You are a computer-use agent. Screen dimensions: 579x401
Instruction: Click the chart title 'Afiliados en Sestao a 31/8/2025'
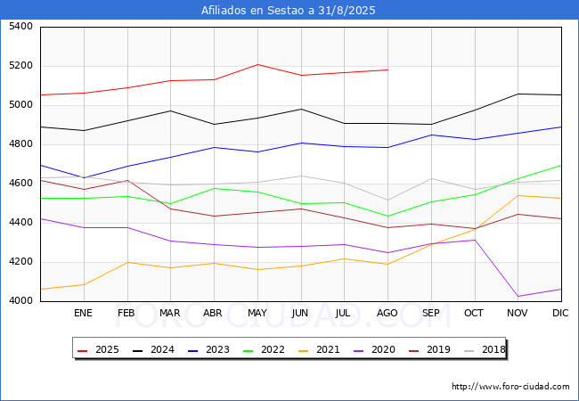pos(288,11)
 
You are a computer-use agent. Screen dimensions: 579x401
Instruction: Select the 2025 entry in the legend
pos(98,349)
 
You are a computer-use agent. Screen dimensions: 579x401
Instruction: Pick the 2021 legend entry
pos(319,349)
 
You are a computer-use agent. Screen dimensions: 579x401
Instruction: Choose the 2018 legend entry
pos(485,349)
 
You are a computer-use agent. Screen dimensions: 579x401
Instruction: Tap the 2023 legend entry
pos(208,349)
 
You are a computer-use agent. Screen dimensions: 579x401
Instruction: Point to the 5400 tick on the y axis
pos(20,27)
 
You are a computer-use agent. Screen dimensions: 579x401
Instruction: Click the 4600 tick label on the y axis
pos(20,184)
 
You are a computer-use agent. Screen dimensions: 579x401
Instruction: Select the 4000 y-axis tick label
pos(20,301)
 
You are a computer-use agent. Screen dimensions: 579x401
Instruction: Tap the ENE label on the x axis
pos(83,313)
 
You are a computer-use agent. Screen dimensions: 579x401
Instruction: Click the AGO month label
pos(387,313)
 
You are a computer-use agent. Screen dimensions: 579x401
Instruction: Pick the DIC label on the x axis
pos(560,313)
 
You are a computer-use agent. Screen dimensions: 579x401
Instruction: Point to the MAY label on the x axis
pos(257,313)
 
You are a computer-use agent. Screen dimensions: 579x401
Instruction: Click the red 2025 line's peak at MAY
pos(257,65)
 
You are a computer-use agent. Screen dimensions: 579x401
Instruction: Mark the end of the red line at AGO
pos(387,70)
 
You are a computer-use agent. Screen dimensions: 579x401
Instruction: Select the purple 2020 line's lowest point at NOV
pos(518,296)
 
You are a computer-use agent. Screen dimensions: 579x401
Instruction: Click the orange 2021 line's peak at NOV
pos(518,195)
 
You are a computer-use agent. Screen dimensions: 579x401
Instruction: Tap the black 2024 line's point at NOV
pos(518,94)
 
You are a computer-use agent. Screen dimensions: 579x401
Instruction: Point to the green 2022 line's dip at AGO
pos(387,217)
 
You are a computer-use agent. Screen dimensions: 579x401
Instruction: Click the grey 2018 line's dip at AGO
pos(387,200)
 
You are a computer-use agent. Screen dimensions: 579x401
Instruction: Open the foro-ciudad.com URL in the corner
pos(510,387)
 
